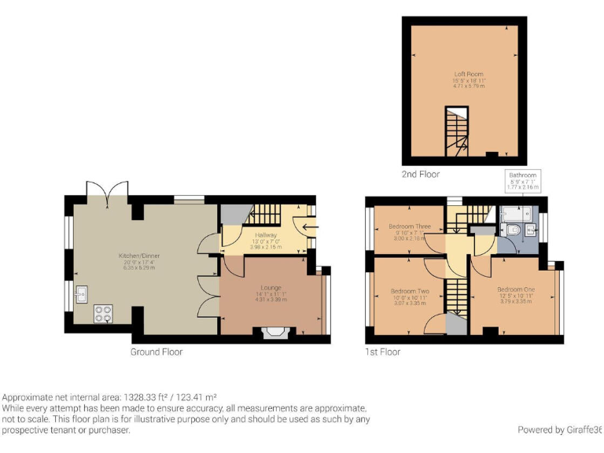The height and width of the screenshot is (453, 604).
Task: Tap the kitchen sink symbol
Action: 81,295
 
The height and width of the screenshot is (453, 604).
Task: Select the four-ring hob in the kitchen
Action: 104,313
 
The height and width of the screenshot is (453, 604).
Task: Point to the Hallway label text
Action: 266,235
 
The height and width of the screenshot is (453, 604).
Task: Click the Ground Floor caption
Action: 157,352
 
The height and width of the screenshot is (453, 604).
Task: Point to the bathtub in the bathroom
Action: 513,212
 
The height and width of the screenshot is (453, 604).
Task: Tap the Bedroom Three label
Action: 410,226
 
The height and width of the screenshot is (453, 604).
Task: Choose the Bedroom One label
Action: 515,289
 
